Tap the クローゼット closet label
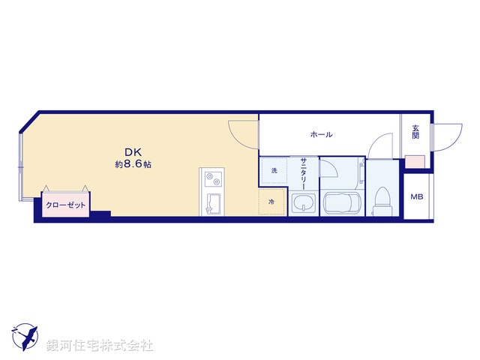point(65,204)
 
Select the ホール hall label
point(322,135)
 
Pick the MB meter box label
point(415,197)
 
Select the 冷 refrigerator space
point(271,202)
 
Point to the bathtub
point(342,202)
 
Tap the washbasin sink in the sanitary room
point(303,203)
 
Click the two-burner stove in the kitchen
point(211,179)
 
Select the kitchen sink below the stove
point(211,203)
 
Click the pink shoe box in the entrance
point(415,162)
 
